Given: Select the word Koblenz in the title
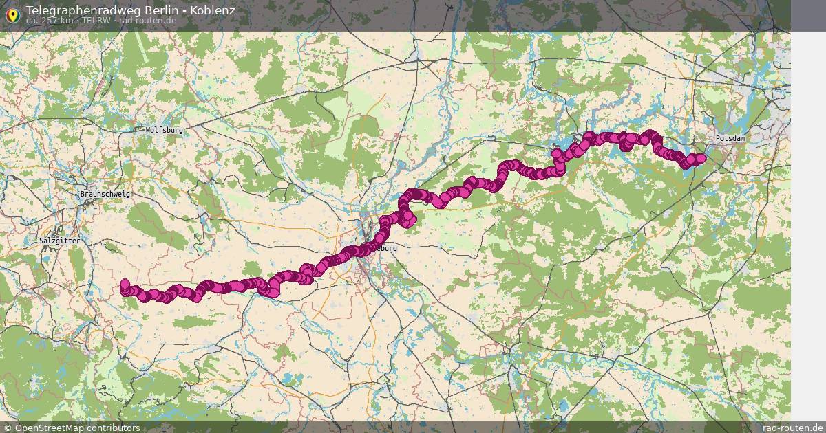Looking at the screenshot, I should coord(213,10).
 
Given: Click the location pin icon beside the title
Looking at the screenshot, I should coord(12,14).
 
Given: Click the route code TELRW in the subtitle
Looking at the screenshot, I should coord(96,21).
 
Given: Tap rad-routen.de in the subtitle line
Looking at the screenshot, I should coord(147,21).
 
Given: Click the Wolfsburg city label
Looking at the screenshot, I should coord(164,130).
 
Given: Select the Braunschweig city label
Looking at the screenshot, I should coord(105,195).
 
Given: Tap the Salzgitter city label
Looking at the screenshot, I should coord(59,241).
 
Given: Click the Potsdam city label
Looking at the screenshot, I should coord(730,139).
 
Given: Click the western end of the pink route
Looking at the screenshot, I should coord(125,285).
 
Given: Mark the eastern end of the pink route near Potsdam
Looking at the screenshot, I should coord(700,159).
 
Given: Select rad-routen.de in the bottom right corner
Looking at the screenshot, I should coord(792,428).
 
